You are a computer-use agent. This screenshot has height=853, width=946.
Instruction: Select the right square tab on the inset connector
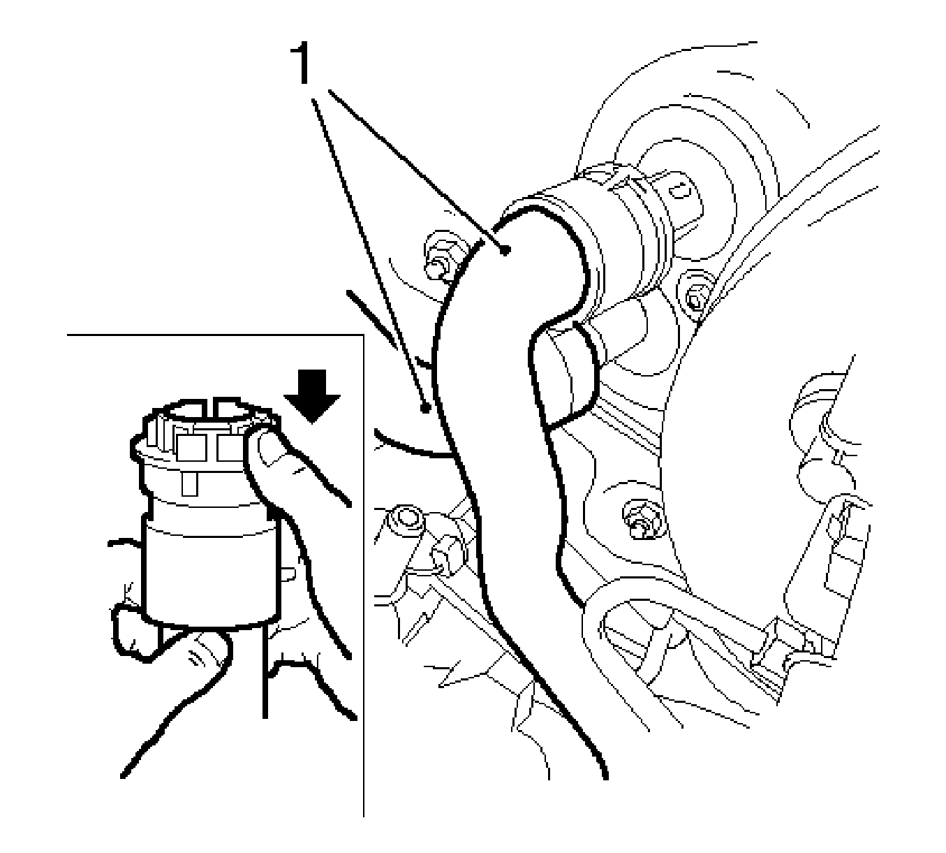230,447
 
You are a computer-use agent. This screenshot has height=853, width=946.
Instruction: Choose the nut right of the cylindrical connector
695,298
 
